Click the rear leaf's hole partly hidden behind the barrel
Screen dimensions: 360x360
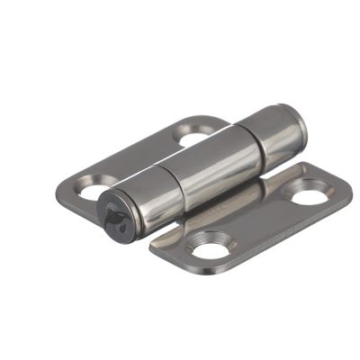[194, 138]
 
